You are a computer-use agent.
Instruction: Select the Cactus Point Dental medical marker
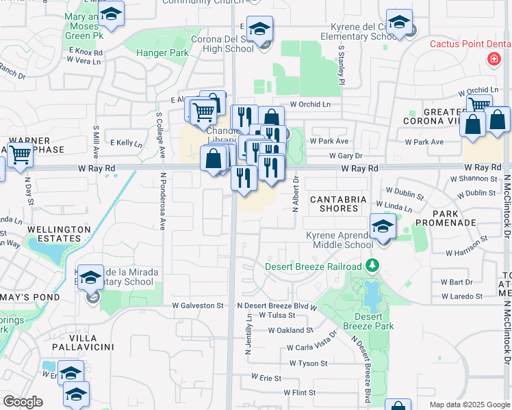click(x=493, y=60)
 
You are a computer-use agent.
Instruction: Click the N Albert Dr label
click(x=296, y=194)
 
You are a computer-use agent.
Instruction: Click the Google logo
click(x=23, y=402)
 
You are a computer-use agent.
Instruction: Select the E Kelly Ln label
click(x=126, y=143)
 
